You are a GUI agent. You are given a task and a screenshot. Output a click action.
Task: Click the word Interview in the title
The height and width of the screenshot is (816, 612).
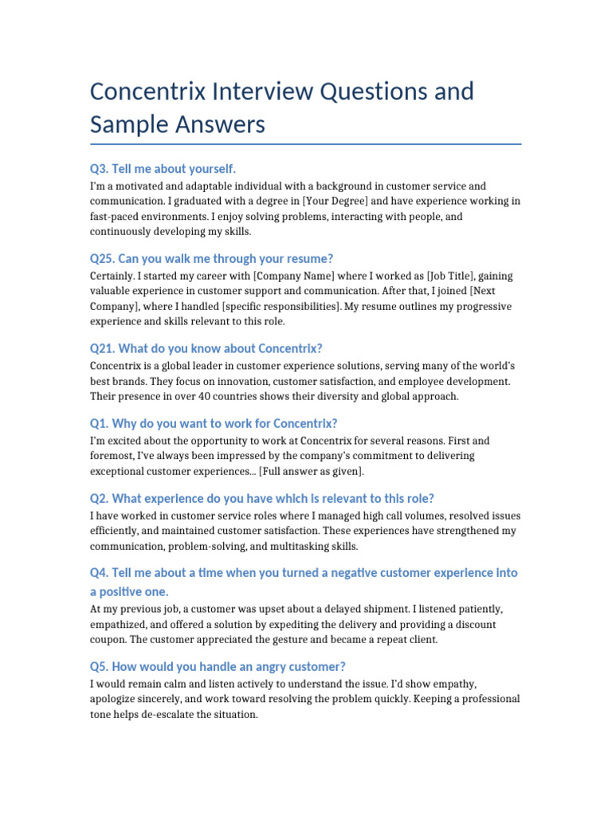256,92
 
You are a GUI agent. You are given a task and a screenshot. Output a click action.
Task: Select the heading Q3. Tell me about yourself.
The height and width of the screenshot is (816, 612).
163,169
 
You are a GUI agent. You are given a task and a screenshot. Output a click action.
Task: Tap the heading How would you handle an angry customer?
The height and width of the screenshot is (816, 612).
229,666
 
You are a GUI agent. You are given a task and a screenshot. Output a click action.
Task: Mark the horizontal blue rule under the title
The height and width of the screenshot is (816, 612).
306,144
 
